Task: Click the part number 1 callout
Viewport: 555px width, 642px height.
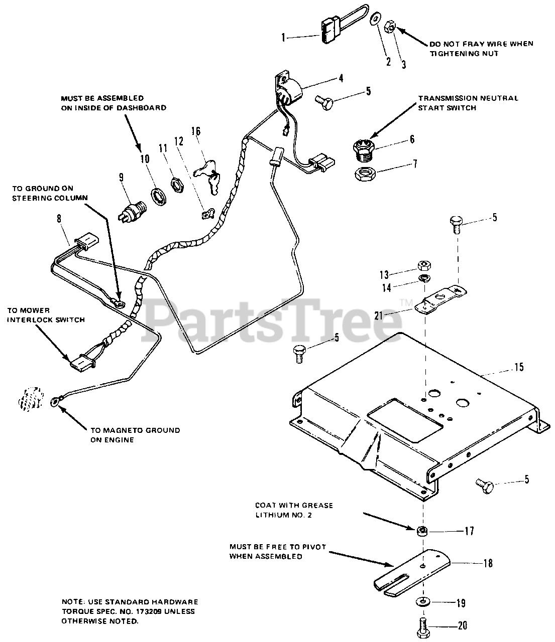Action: point(283,37)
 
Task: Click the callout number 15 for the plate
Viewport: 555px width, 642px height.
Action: point(519,367)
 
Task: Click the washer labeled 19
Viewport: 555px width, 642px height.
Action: point(422,601)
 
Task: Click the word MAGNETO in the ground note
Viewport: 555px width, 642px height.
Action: point(109,430)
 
